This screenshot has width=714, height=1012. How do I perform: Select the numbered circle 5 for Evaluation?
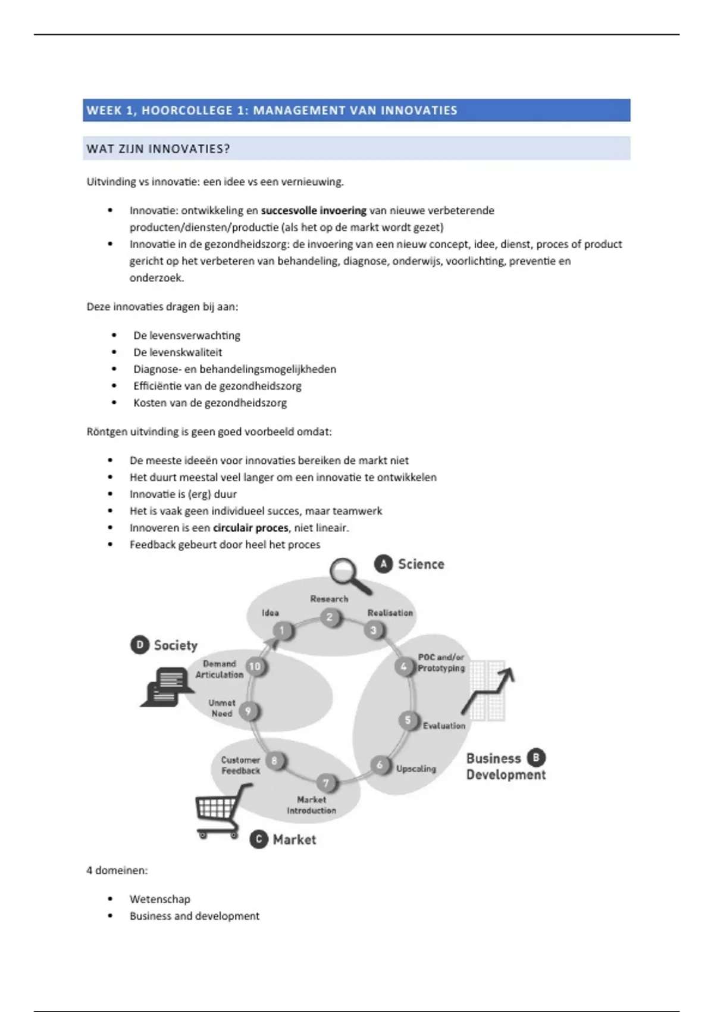pyautogui.click(x=408, y=721)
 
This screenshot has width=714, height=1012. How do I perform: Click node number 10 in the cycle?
pyautogui.click(x=255, y=667)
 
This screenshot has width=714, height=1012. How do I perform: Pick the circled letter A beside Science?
pyautogui.click(x=383, y=564)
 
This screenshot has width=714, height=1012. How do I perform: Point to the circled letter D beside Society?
pyautogui.click(x=139, y=645)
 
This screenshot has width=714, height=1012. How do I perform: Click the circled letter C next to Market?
pyautogui.click(x=259, y=839)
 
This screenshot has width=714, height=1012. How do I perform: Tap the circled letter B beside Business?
pyautogui.click(x=536, y=757)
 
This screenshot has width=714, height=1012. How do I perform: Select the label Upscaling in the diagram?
pyautogui.click(x=416, y=769)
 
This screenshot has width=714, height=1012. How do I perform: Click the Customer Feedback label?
pyautogui.click(x=240, y=765)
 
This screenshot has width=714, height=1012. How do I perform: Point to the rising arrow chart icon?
pyautogui.click(x=488, y=691)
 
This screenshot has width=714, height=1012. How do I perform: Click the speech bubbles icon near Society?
pyautogui.click(x=166, y=686)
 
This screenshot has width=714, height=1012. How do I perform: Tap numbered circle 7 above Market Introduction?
pyautogui.click(x=326, y=783)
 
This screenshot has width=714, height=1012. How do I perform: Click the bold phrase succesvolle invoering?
pyautogui.click(x=314, y=210)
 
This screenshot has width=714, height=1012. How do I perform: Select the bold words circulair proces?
pyautogui.click(x=250, y=527)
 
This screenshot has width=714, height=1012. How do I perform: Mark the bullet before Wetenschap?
pyautogui.click(x=111, y=899)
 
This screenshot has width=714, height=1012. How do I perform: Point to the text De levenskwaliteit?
pyautogui.click(x=177, y=352)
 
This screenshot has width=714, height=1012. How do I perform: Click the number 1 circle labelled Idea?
pyautogui.click(x=283, y=631)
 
